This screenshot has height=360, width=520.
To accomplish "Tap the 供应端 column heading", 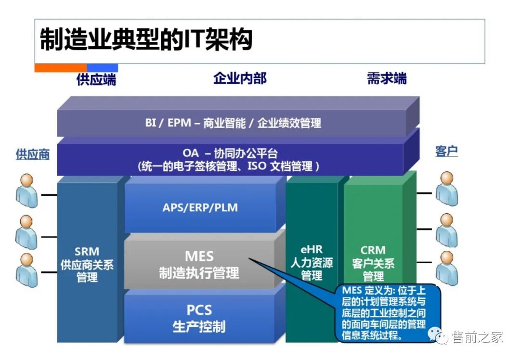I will (96, 78).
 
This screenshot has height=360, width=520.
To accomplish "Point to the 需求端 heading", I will (387, 78).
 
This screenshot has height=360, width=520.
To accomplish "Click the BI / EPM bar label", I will (233, 123).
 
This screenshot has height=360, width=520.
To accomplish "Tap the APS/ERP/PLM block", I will (200, 208).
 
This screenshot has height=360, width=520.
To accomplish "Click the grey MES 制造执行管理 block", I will (199, 264).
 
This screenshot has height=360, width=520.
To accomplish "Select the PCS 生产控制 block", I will (199, 318).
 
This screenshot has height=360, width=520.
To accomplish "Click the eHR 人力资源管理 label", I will (312, 262).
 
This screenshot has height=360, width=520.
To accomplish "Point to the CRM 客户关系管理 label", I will (373, 263).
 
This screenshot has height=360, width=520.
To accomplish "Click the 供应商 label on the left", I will (33, 154).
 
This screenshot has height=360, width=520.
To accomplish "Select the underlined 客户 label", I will (446, 151).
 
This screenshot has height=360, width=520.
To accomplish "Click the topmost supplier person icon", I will (26, 191).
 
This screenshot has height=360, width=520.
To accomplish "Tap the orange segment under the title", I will (61, 68).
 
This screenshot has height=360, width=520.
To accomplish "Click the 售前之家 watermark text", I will (477, 337).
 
